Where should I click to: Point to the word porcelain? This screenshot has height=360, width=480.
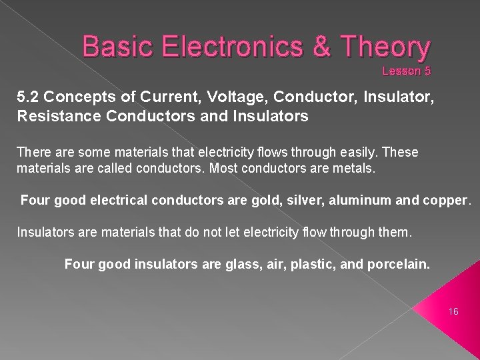point(397,265)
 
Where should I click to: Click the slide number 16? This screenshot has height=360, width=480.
point(454,311)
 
